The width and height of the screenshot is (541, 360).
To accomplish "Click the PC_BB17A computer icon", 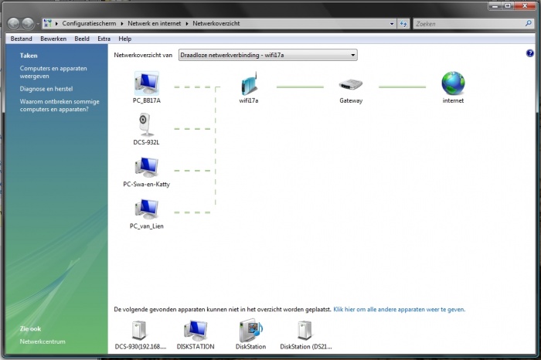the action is (147, 83).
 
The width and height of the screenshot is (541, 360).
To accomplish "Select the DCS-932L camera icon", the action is (146, 125).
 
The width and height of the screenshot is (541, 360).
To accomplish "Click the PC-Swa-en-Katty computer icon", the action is (147, 168).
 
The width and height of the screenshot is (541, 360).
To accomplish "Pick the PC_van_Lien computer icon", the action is (147, 209).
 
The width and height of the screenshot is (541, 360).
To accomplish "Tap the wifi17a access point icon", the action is (249, 83).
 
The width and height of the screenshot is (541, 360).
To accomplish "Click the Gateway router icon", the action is (351, 84).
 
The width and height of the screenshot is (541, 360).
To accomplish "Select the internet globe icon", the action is (453, 83).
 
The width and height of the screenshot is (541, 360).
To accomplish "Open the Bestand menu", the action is (22, 39).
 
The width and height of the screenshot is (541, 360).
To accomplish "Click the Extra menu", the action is (104, 39).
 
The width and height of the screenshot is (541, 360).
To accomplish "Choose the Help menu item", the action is (125, 39).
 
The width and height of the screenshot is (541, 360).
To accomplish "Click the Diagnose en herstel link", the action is (46, 89).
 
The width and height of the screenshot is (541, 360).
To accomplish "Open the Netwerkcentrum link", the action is (43, 341).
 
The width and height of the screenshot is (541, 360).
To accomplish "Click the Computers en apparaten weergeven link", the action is (53, 72).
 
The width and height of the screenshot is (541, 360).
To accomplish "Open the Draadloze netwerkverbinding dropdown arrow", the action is (352, 55).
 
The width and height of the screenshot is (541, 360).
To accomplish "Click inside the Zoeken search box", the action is (469, 24).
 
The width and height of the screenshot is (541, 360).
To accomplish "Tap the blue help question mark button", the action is (529, 53).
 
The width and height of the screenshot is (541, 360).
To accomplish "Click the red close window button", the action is (525, 6).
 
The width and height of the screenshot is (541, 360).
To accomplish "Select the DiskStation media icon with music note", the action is (251, 330).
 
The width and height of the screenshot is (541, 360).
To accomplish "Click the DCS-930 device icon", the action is (139, 331).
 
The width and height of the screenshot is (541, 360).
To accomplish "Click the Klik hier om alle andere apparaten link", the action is (400, 309).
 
